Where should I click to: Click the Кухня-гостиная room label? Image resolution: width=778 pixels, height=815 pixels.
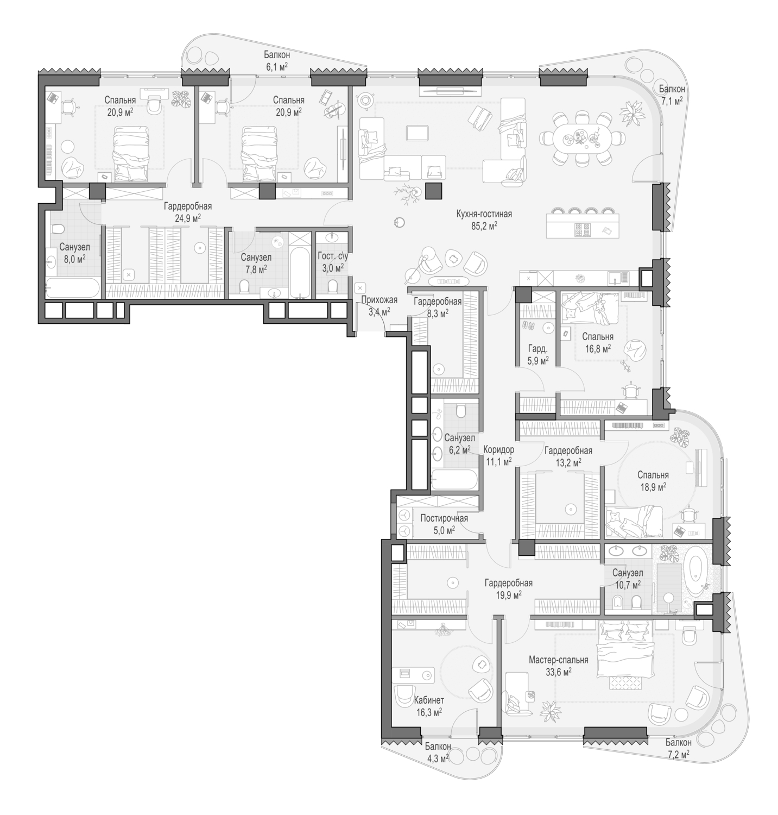(x=484, y=214)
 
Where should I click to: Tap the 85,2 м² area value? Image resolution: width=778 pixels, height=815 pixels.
(x=484, y=225)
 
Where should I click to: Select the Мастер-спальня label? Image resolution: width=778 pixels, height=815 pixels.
(x=559, y=660)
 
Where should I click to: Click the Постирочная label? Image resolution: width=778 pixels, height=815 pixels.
(x=444, y=518)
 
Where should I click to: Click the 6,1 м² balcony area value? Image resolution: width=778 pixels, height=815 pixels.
(x=277, y=66)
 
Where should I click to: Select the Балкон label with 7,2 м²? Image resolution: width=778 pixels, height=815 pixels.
(x=679, y=742)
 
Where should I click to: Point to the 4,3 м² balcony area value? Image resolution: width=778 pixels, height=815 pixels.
(x=438, y=758)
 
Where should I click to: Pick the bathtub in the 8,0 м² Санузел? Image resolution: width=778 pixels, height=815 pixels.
(x=73, y=289)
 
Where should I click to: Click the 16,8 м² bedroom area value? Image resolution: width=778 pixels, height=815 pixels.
(x=598, y=348)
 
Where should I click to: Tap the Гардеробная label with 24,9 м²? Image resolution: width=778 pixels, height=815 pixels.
(x=188, y=206)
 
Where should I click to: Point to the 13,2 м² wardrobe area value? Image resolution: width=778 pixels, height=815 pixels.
(x=568, y=462)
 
